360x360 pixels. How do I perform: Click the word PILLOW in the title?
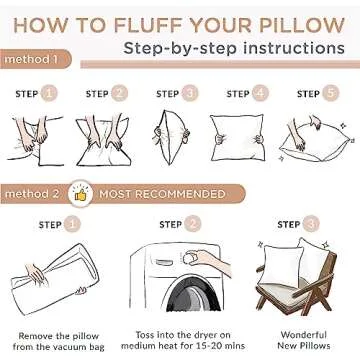296,19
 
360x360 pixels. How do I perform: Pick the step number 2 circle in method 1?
121,94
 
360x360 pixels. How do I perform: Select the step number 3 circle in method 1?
190,94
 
